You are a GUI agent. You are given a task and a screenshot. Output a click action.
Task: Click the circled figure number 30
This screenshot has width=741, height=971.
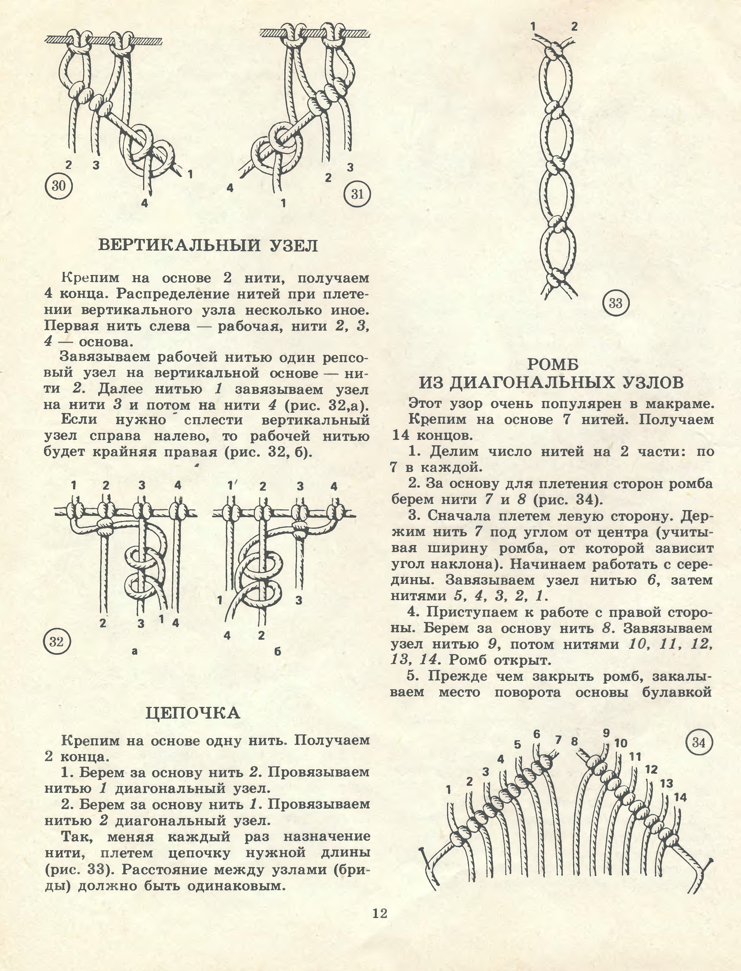click(x=58, y=186)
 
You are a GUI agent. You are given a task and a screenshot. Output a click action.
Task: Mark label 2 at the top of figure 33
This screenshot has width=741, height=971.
click(x=574, y=26)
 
